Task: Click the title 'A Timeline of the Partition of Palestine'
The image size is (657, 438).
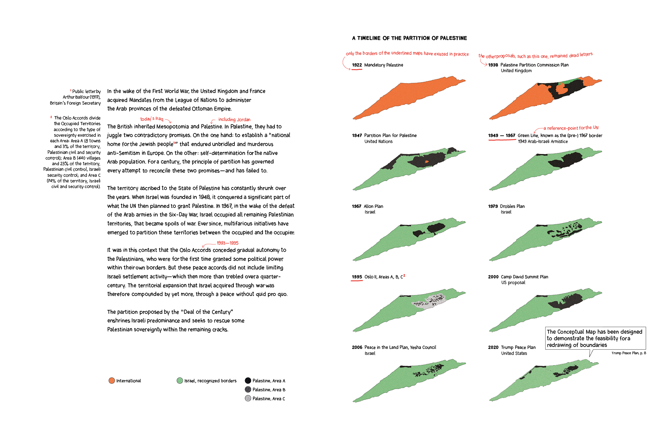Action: (x=409, y=38)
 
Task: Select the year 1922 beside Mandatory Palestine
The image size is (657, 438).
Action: (x=357, y=65)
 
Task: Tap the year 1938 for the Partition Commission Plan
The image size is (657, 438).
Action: (x=493, y=65)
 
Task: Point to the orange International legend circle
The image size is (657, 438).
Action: (x=112, y=380)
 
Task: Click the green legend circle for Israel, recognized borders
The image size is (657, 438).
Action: (x=180, y=380)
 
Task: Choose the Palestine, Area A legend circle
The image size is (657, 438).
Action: (x=248, y=380)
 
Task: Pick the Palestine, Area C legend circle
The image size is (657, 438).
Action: (x=248, y=398)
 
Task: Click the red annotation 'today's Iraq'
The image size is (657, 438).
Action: (x=152, y=119)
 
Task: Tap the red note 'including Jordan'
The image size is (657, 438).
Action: (x=234, y=120)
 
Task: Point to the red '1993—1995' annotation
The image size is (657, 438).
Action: (x=227, y=243)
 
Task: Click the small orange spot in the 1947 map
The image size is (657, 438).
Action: (x=427, y=162)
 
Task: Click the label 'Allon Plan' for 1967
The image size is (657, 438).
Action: (x=373, y=206)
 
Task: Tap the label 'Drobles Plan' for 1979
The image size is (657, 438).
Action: (x=512, y=206)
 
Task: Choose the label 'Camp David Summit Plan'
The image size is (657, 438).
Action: (x=524, y=277)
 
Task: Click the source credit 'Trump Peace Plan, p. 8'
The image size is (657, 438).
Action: (x=629, y=353)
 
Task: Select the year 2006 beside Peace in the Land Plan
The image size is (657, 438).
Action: (x=357, y=347)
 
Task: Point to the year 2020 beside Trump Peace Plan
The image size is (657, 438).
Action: (x=493, y=347)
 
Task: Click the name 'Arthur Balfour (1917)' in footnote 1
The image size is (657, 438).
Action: (x=81, y=97)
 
